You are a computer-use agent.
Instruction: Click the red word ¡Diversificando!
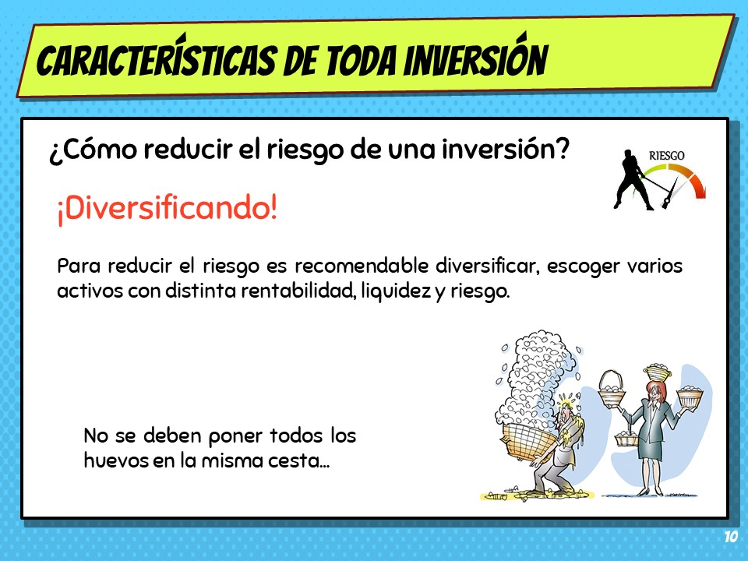coord(167,209)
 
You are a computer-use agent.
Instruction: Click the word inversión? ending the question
coord(506,148)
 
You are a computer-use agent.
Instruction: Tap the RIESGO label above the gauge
coord(666,156)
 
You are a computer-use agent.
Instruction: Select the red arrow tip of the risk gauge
coord(700,193)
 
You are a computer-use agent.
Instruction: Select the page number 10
coord(730,537)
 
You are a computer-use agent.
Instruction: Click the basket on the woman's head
coord(657,371)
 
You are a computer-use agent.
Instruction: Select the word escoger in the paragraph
coord(583,266)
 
